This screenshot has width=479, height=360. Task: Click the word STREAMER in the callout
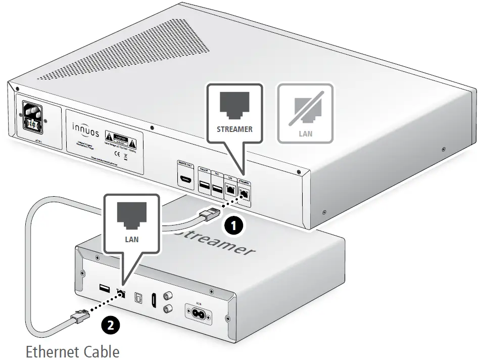coord(234,129)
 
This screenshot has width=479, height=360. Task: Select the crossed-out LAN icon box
coord(305,113)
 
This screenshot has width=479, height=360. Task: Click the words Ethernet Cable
coord(72,351)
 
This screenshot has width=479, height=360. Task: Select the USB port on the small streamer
coord(104,289)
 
